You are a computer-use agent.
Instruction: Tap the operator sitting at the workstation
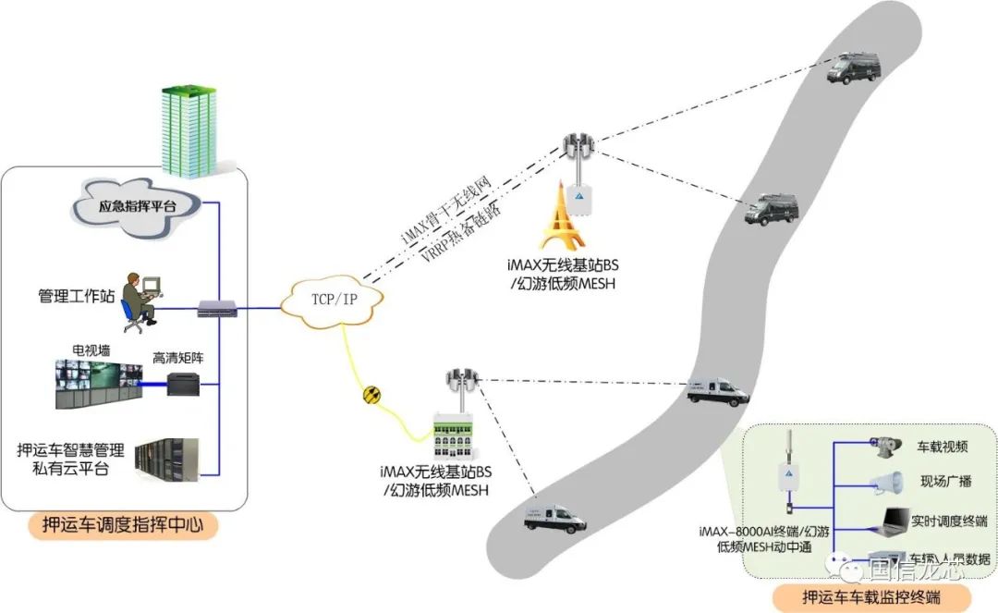pyautogui.click(x=141, y=299)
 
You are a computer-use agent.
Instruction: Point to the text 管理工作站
pyautogui.click(x=77, y=297)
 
